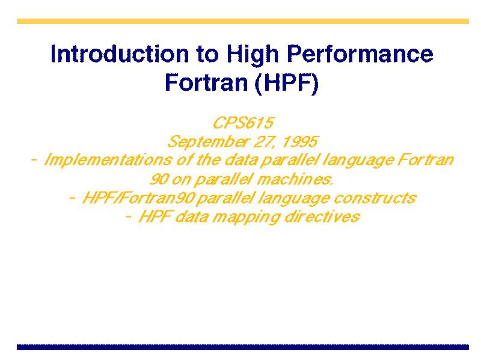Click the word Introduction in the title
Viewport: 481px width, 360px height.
120,53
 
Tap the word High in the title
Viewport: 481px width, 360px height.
253,55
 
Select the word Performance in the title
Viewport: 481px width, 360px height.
360,53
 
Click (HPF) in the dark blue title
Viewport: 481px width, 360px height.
287,83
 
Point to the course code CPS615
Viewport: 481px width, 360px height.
243,123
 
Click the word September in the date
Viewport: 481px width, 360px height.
209,142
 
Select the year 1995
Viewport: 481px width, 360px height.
300,141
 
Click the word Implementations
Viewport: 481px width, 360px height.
108,160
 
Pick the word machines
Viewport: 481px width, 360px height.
295,179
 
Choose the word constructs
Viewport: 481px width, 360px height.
375,198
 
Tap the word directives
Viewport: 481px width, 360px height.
322,217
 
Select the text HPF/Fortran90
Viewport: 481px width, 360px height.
139,198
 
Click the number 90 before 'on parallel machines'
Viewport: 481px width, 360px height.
159,179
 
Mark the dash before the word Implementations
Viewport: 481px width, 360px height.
34,160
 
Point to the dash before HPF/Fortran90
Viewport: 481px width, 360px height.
72,198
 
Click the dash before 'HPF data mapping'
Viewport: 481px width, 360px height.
129,217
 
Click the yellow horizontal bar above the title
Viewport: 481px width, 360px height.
243,21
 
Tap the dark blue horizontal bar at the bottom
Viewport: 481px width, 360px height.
243,347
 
